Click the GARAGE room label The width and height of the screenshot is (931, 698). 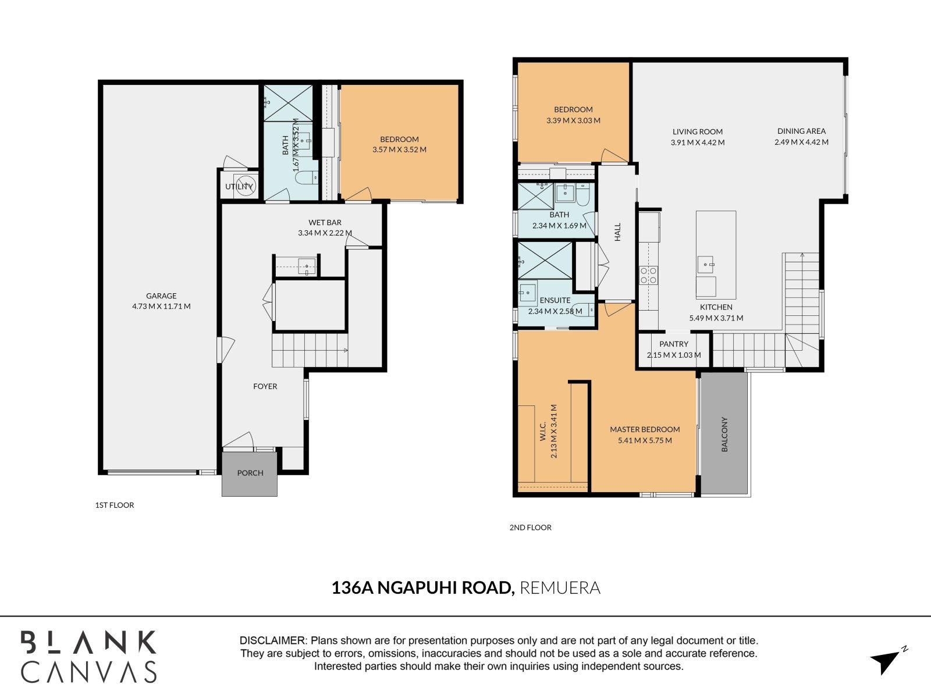[161, 296]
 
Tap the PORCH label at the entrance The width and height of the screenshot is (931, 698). [250, 473]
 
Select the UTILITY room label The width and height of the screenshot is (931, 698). [239, 187]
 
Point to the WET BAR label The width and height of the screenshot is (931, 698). [325, 223]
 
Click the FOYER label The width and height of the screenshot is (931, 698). [265, 386]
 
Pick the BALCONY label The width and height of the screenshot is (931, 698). [724, 435]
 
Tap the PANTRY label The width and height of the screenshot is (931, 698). [674, 344]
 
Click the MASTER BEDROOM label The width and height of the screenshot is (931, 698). [645, 429]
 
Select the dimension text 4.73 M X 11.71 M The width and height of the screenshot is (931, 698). [161, 307]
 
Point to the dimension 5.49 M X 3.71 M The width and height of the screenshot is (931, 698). [716, 318]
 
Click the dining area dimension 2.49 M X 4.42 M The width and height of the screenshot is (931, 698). [801, 143]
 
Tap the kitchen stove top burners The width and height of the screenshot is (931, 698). [649, 275]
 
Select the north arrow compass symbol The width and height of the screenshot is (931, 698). [888, 660]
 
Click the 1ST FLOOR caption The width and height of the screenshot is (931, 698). [115, 505]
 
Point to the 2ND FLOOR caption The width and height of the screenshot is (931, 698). [530, 528]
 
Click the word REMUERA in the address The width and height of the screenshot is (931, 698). [560, 588]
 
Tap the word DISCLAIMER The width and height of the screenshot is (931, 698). [273, 640]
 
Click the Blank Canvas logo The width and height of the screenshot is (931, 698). [88, 657]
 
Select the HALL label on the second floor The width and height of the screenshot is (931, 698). [617, 232]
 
